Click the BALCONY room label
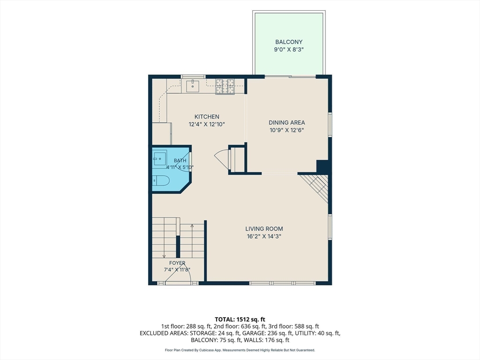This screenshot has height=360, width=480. tap(289, 42)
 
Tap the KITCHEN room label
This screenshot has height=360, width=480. tap(207, 117)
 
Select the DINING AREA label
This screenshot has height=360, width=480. tap(287, 122)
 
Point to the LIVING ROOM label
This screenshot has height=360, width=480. tap(264, 229)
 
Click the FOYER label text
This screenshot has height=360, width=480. tap(177, 263)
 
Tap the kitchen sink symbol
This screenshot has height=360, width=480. tap(193, 86)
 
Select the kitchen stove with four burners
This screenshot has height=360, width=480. tap(225, 86)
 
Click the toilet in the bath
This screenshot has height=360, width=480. tap(161, 181)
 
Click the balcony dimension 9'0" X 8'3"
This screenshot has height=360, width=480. tap(289, 50)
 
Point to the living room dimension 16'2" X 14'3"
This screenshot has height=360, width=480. tap(264, 236)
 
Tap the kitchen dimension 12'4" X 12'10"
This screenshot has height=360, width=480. tap(207, 124)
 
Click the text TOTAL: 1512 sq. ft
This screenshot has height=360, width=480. tap(240, 320)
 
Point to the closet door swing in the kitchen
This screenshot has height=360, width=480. tap(222, 159)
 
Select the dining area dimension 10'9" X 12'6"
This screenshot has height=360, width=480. tap(287, 130)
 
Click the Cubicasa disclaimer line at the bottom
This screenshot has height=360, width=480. tap(240, 350)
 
